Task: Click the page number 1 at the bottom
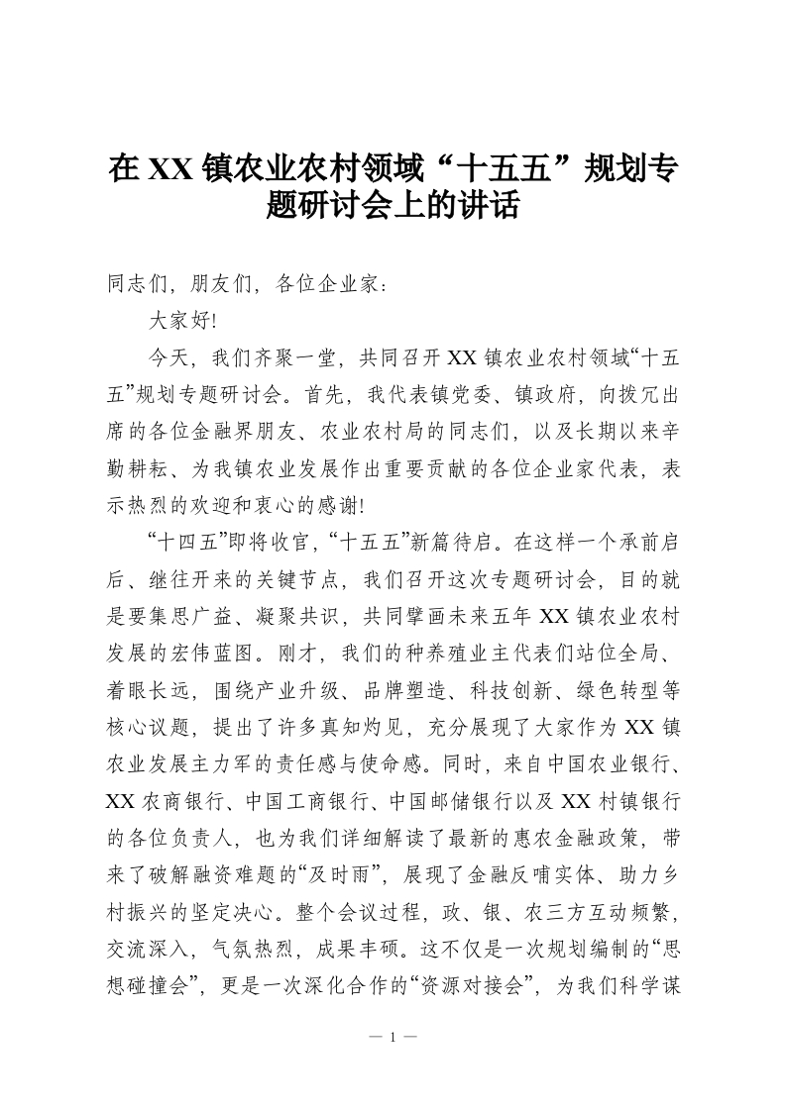pos(393,1038)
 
